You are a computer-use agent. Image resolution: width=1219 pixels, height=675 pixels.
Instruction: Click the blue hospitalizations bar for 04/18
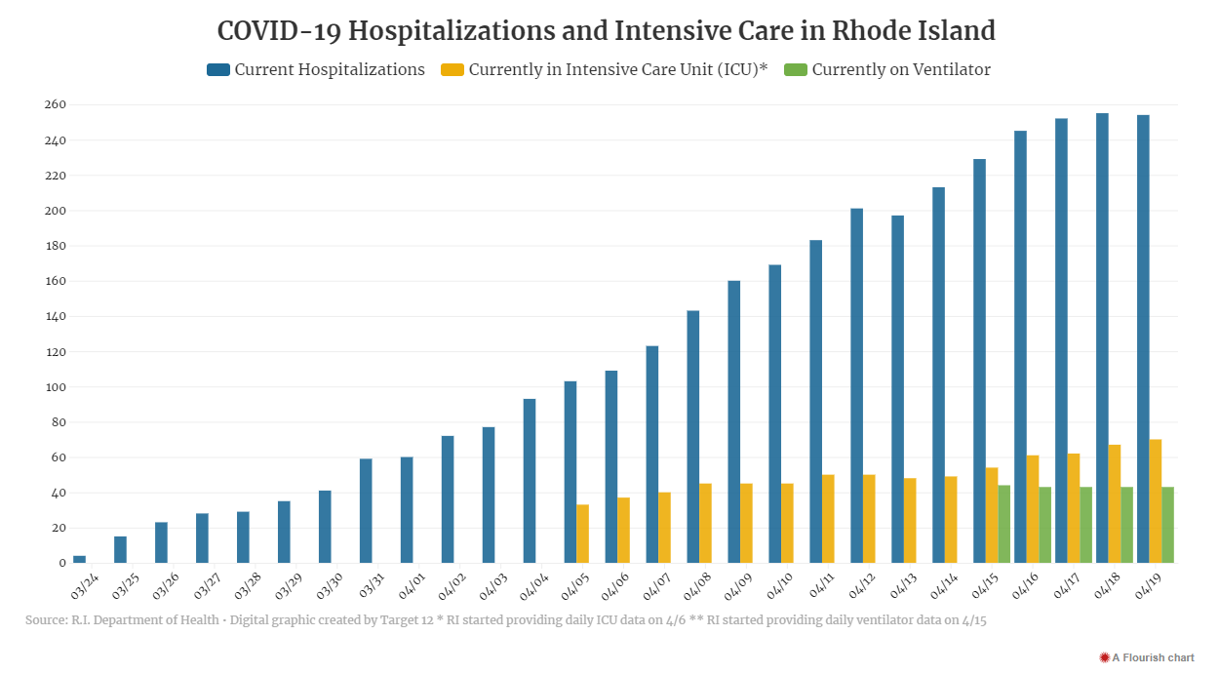pyautogui.click(x=1102, y=338)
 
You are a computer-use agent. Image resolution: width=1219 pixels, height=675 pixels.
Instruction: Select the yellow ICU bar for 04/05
pyautogui.click(x=583, y=534)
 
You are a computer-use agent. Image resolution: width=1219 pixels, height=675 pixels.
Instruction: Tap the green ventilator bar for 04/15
pyautogui.click(x=1004, y=524)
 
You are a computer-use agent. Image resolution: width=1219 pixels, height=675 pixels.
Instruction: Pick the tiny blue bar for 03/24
pyautogui.click(x=79, y=559)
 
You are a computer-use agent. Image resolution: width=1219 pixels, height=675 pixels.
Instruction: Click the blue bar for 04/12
pyautogui.click(x=856, y=385)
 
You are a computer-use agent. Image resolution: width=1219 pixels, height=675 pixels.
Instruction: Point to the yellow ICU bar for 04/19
pyautogui.click(x=1156, y=500)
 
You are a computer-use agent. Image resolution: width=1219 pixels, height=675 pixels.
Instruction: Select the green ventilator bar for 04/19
pyautogui.click(x=1168, y=525)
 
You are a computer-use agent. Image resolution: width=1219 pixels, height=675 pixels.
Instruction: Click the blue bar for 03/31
pyautogui.click(x=366, y=510)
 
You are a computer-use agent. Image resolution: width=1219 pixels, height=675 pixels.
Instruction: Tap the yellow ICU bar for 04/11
pyautogui.click(x=828, y=519)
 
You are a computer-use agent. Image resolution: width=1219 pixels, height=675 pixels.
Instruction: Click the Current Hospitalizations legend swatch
pyautogui.click(x=218, y=69)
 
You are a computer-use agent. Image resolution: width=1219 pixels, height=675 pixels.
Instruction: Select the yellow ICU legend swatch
pyautogui.click(x=452, y=69)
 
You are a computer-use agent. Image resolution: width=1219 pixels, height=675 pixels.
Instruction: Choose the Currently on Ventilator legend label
pyautogui.click(x=901, y=69)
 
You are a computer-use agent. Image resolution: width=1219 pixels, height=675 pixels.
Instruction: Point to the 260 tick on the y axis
pyautogui.click(x=55, y=104)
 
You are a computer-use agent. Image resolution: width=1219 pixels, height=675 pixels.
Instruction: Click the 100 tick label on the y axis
pyautogui.click(x=55, y=387)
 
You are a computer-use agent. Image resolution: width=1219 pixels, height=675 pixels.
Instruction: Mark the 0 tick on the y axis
pyautogui.click(x=62, y=563)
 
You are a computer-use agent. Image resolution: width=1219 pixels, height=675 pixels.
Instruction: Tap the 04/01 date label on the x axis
pyautogui.click(x=412, y=586)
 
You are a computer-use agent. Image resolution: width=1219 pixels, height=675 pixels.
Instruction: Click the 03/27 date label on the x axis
pyautogui.click(x=207, y=586)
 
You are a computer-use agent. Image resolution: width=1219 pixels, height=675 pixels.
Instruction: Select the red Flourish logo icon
pyautogui.click(x=1104, y=657)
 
